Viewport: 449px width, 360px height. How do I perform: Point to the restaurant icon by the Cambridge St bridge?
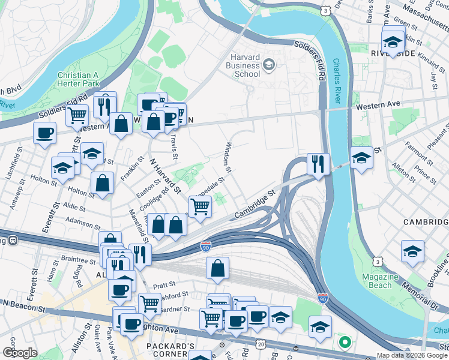coord(317,163)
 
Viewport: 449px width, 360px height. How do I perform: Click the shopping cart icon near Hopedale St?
coord(201,206)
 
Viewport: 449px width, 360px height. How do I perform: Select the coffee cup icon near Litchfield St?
coord(45,132)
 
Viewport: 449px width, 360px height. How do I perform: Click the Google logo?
coord(20,353)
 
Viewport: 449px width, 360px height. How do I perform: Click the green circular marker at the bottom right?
coord(345,343)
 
